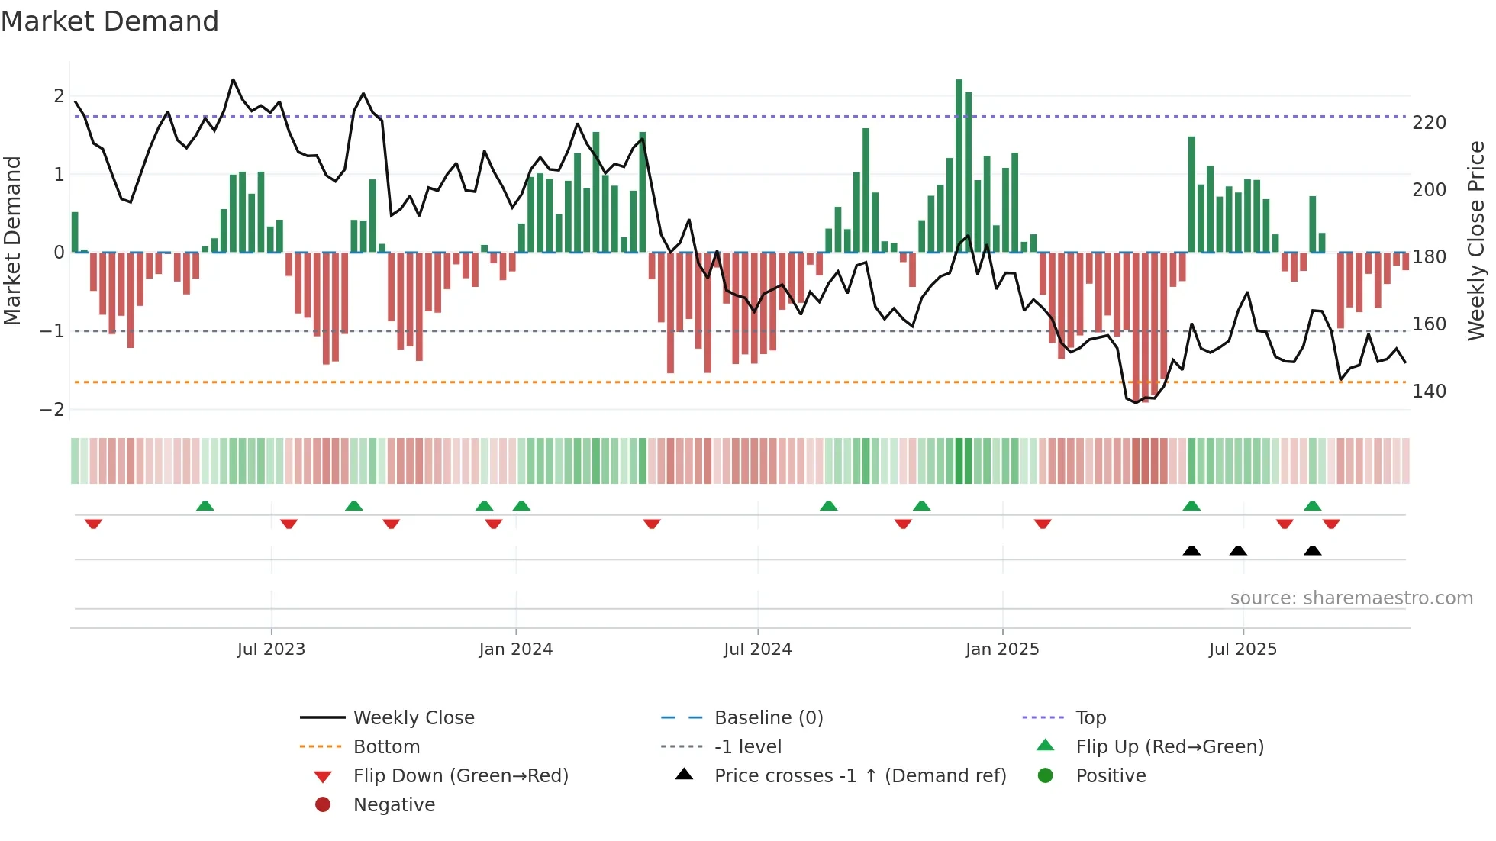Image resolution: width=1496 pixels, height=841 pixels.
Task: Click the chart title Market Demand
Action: pos(110,21)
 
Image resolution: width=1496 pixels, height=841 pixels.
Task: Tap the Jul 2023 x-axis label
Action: pos(271,649)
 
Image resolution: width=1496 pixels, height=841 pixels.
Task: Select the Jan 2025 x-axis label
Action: pos(1001,649)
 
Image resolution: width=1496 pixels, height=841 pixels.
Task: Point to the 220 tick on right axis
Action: pos(1429,123)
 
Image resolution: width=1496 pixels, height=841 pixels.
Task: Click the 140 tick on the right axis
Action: pos(1429,391)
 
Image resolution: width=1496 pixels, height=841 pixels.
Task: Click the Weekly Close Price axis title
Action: pos(1476,240)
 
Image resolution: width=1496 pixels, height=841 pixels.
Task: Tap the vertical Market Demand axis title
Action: pos(13,240)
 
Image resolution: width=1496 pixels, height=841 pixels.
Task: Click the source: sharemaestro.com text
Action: pos(1351,598)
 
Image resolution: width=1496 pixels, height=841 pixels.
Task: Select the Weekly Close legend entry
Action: pos(413,718)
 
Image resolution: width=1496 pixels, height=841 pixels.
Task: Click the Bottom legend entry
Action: pos(386,747)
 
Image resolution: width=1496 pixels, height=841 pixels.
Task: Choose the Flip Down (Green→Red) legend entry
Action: pos(460,776)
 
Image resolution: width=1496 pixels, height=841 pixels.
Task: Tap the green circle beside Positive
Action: pos(1046,776)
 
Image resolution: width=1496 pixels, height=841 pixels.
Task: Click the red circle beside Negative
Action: pos(323,805)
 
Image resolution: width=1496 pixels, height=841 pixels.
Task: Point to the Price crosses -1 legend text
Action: pos(859,776)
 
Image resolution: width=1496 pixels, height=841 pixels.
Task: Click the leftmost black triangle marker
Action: pos(1191,551)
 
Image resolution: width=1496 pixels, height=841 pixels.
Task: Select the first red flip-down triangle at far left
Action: pos(93,524)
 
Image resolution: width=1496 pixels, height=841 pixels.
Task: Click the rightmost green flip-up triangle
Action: pos(1312,506)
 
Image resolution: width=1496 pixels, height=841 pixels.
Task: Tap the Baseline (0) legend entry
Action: pos(768,718)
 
